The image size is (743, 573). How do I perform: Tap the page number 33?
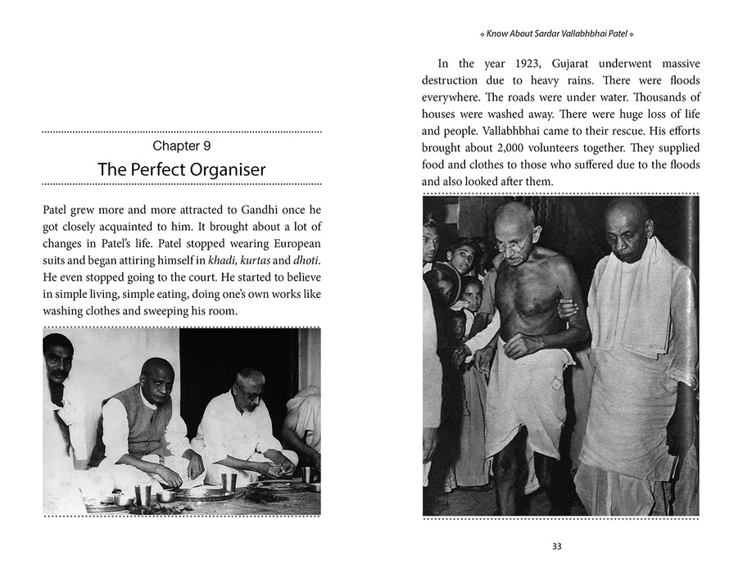557,548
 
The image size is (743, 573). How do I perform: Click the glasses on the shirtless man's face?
512,242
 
